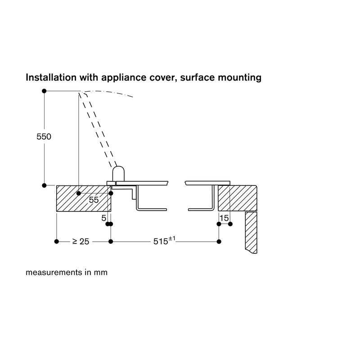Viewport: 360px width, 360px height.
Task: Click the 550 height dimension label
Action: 44,137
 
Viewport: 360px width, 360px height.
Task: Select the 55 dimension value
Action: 94,200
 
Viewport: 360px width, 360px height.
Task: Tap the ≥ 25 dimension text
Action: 81,241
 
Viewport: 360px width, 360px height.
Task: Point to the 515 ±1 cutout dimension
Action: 164,241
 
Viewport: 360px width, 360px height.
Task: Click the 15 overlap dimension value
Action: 224,218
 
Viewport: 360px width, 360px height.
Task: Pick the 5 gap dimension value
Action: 104,218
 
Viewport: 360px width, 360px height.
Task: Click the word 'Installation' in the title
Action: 51,77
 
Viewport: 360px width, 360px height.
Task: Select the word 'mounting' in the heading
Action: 239,77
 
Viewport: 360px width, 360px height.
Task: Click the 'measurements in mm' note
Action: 67,272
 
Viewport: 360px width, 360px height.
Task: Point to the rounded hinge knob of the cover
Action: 118,174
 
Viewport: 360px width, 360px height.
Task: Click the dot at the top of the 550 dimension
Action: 44,91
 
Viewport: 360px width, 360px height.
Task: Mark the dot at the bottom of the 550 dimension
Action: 44,185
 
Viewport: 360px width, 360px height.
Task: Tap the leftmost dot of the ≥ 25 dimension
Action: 57,242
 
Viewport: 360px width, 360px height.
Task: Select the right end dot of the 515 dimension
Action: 219,242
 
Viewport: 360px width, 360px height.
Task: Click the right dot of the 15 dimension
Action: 230,224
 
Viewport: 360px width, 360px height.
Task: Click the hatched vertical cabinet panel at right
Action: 251,232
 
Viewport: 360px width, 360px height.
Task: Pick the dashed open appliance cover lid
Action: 98,129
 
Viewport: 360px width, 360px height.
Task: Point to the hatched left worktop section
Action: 84,198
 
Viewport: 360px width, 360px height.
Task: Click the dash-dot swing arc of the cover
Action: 108,92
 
